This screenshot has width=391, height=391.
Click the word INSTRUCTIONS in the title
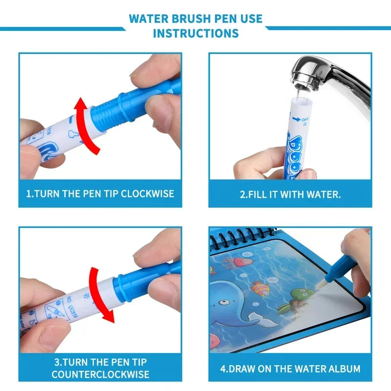(x=195, y=33)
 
